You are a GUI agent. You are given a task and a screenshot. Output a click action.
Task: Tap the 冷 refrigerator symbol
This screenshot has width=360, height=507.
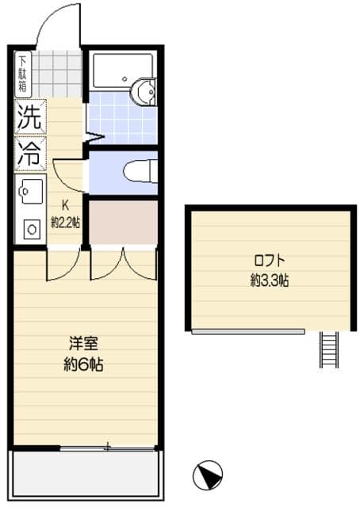tap(31, 153)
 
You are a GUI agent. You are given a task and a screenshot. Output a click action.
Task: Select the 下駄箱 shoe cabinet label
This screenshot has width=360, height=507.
tap(22, 74)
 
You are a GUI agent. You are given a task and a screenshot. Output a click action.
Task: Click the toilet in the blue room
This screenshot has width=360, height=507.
tap(140, 170)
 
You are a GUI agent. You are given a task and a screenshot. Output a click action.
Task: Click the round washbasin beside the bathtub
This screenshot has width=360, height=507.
tap(146, 92)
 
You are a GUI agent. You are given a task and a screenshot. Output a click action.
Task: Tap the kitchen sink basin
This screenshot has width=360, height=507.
tap(29, 191)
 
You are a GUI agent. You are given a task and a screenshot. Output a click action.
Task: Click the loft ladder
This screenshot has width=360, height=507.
tap(329, 349)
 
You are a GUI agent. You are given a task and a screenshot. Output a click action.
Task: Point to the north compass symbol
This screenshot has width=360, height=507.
tap(207, 475)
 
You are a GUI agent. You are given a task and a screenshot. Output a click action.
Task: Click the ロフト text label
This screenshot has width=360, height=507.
tap(270, 261)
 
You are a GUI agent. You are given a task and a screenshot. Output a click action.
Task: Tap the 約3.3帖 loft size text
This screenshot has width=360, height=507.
tap(270, 280)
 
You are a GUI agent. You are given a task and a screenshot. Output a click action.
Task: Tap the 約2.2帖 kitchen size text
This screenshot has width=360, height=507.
tap(66, 223)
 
